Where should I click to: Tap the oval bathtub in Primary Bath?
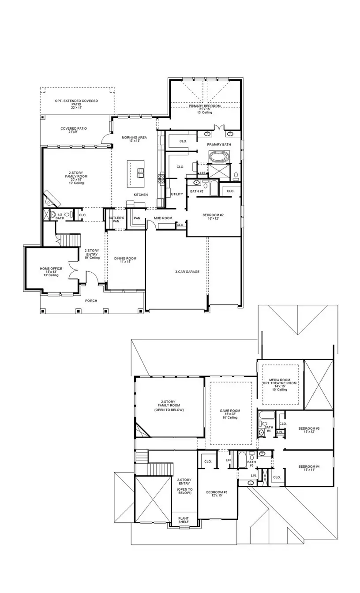coord(217,157)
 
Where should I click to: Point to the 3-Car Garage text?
coord(187,272)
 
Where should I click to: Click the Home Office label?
coord(51,269)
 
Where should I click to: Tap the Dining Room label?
coord(125,259)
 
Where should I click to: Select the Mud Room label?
coord(163,218)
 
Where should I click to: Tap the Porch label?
coord(91,301)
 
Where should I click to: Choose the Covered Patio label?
coord(74,128)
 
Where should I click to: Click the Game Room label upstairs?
coord(230,411)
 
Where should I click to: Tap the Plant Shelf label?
coord(183,520)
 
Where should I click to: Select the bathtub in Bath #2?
coord(214,188)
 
